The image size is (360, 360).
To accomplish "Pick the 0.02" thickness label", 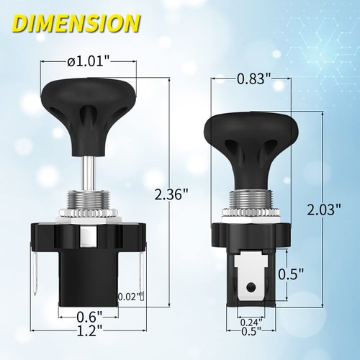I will click(x=130, y=296).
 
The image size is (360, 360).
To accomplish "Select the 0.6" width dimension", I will click(x=90, y=315).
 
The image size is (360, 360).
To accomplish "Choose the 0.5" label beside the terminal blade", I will click(x=288, y=275).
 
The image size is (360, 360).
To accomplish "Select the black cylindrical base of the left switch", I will click(x=90, y=281).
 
